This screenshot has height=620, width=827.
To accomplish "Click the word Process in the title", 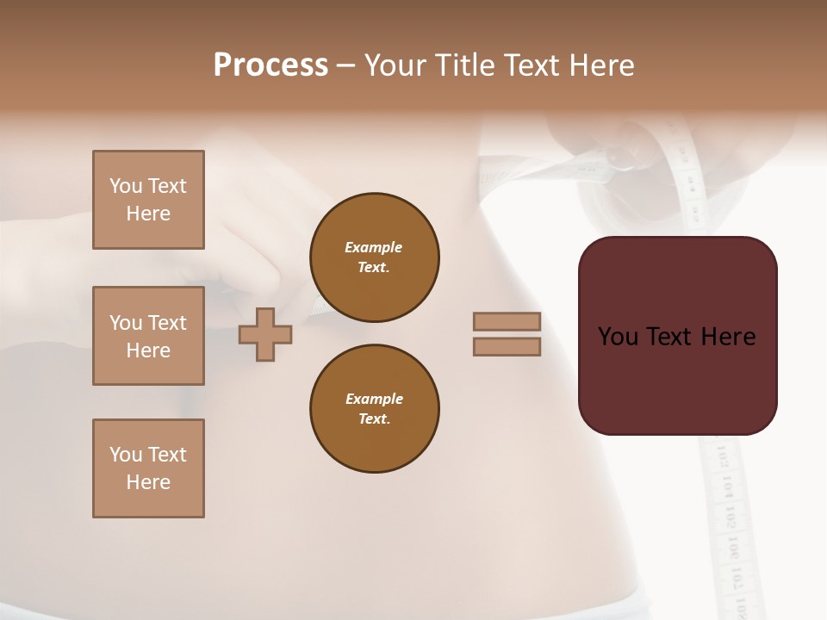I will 270,65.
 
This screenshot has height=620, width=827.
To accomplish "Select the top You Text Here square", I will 148,200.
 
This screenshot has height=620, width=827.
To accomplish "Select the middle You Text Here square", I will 148,336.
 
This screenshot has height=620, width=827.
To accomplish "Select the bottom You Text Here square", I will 148,468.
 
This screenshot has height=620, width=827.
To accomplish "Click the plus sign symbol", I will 265,334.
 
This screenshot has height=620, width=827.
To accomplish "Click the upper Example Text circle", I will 374,257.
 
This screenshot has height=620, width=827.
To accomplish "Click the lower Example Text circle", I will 374,409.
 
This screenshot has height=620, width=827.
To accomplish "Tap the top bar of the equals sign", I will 507,322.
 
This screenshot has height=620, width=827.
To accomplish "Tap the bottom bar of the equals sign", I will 507,347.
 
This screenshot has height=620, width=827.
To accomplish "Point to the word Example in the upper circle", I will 374,248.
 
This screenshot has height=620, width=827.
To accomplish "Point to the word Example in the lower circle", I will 374,400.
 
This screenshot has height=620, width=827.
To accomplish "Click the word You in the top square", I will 126,186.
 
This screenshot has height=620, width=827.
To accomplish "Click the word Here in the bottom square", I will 148,482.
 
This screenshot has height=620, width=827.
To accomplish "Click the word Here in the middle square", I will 148,350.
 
